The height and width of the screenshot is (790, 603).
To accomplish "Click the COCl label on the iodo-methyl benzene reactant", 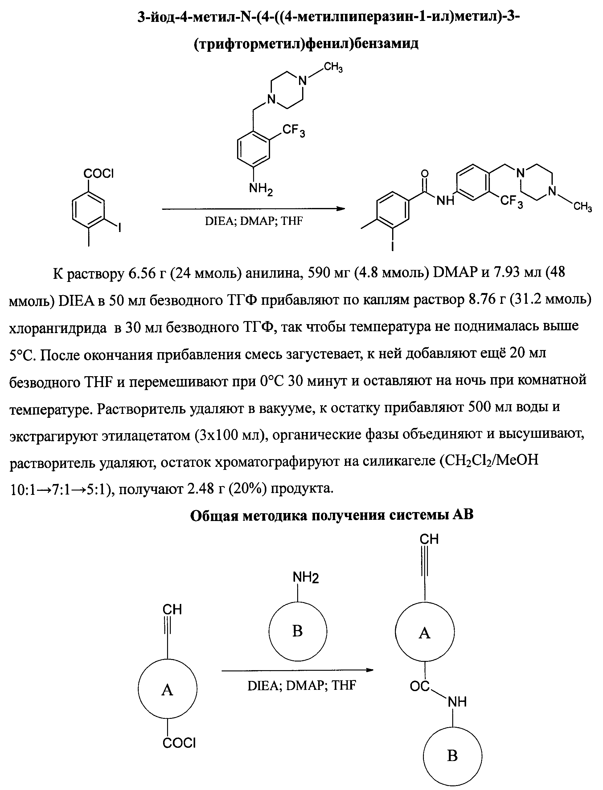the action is pos(98,174).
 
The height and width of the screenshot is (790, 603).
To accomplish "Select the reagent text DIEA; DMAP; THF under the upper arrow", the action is pos(254,221).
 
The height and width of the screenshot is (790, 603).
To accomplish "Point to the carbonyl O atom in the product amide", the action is pos(425,174).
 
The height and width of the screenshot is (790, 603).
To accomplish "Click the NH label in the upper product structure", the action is pos(445,201).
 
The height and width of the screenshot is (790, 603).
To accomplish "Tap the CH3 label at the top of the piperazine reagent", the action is pos(333,67).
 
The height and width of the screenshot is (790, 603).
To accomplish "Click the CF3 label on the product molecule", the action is pos(512,202).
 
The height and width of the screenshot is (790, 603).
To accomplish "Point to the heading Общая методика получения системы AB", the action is pos(332,515).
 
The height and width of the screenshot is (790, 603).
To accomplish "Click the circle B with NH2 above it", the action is pos(297,631).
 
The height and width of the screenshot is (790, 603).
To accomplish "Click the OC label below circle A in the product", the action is pos(420,686).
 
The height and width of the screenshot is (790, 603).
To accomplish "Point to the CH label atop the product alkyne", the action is pos(429,539).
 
